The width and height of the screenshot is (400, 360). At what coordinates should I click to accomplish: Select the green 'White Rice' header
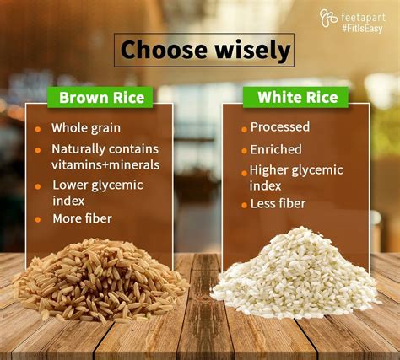(296, 97)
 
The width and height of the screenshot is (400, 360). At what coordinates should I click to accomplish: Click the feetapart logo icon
(328, 17)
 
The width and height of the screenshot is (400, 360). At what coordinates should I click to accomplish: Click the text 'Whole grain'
(85, 128)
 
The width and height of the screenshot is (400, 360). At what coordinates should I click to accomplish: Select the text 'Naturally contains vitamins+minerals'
(105, 156)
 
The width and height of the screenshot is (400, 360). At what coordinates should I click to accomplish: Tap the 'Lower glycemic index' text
(98, 191)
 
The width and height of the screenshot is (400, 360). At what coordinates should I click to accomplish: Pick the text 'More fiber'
(82, 219)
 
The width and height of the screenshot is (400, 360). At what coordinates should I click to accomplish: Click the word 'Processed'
(280, 127)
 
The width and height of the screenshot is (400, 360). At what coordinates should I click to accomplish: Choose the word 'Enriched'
(275, 149)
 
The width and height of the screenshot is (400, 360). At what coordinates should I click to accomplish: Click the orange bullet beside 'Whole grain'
(38, 129)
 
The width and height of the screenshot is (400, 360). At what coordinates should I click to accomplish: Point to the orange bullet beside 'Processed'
(244, 129)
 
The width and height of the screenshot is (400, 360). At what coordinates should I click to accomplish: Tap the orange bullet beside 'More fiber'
(38, 220)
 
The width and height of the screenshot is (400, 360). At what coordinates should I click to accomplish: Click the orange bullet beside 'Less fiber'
(244, 205)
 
